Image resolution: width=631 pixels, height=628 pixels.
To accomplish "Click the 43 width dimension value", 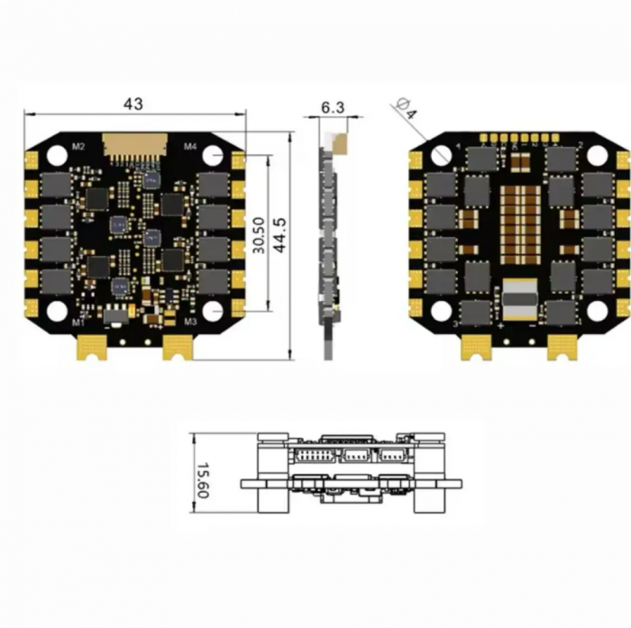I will (133, 104).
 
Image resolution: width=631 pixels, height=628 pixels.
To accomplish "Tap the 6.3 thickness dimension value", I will (333, 107).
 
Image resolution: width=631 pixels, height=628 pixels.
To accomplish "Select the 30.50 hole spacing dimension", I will (259, 235).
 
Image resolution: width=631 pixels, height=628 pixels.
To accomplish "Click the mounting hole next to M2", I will (57, 155).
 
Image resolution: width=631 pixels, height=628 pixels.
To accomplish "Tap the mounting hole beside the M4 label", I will (212, 155).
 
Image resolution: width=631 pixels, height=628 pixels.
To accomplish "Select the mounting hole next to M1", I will (57, 311).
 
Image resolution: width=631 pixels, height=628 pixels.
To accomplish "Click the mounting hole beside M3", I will (212, 311).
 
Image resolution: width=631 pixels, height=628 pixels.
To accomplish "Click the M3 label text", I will (190, 321).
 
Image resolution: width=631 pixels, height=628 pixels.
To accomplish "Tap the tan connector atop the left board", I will (133, 144).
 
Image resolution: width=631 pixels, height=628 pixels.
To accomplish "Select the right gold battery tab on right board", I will (562, 346).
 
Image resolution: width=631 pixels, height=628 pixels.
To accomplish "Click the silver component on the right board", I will (519, 300).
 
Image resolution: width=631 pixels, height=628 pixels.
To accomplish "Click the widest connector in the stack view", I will (315, 454).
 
